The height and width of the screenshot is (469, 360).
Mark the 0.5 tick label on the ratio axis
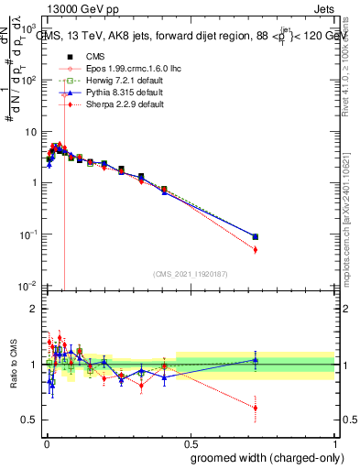click(28, 420)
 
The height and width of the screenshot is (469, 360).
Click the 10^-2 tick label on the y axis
click(27, 287)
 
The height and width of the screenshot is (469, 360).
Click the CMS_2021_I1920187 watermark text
click(190, 273)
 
